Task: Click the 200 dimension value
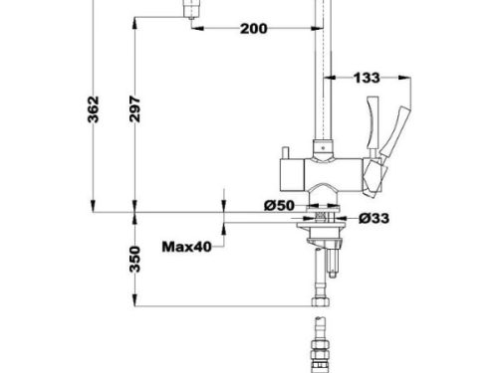click(254, 28)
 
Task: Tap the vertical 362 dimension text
click(92, 112)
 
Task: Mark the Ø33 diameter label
click(373, 219)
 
